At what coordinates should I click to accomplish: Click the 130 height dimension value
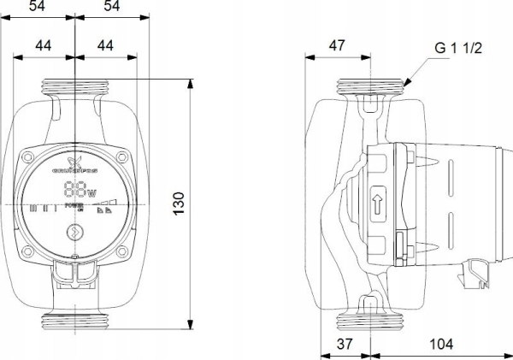[179, 204]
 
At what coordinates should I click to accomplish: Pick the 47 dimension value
[337, 46]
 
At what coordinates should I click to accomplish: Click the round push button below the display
[75, 231]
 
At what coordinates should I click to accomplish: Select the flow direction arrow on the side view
[377, 205]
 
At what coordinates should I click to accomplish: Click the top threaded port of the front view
[75, 87]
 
